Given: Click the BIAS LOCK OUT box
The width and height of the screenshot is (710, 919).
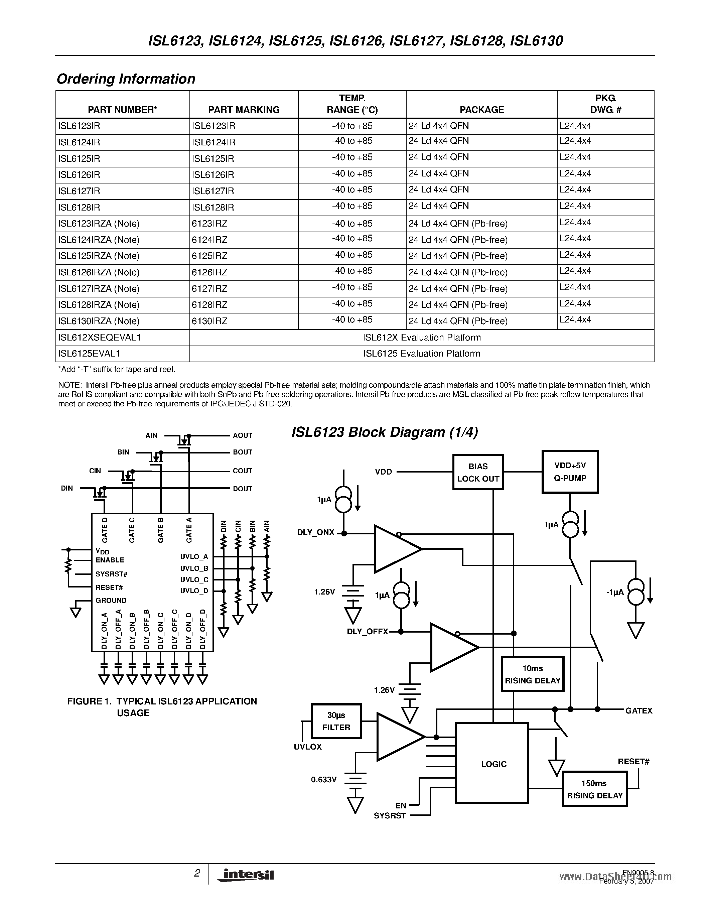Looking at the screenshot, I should (478, 472).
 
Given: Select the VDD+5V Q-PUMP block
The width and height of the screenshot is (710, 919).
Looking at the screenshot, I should (570, 472).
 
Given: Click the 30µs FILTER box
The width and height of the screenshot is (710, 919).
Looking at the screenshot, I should (336, 721).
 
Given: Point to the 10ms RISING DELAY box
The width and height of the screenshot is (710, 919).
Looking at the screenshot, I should (533, 674).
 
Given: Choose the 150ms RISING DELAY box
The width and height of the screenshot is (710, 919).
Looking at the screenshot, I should (594, 789).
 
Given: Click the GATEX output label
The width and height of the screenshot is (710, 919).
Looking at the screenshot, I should (638, 711).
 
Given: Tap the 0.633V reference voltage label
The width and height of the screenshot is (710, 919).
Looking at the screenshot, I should (324, 780).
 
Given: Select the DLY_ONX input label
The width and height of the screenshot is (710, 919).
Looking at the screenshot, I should (315, 532).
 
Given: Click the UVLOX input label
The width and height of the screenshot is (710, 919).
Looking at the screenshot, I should (307, 747).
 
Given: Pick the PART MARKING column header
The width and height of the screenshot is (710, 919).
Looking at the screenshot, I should (244, 110).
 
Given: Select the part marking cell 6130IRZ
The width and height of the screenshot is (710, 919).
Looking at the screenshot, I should (209, 321).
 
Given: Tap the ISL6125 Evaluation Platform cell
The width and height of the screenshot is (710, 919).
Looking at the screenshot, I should (421, 354).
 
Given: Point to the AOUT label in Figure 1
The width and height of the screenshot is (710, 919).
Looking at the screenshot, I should (242, 435).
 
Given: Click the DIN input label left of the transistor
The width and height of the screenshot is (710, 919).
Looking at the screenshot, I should (67, 489).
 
